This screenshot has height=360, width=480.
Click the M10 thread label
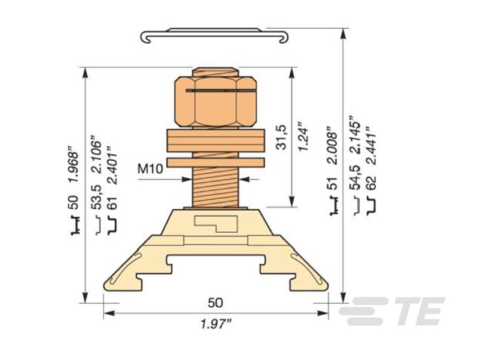click(x=150, y=167)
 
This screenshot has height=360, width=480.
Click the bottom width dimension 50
click(x=215, y=302)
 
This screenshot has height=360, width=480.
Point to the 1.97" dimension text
click(x=215, y=323)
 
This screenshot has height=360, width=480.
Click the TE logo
click(x=392, y=311)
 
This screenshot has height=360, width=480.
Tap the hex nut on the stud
click(x=215, y=101)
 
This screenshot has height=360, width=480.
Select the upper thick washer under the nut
click(x=215, y=141)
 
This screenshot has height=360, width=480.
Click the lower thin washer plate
click(x=215, y=163)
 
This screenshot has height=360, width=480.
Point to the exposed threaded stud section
click(x=215, y=185)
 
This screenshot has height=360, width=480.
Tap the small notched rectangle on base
click(x=215, y=222)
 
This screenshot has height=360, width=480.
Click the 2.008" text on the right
click(x=331, y=145)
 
